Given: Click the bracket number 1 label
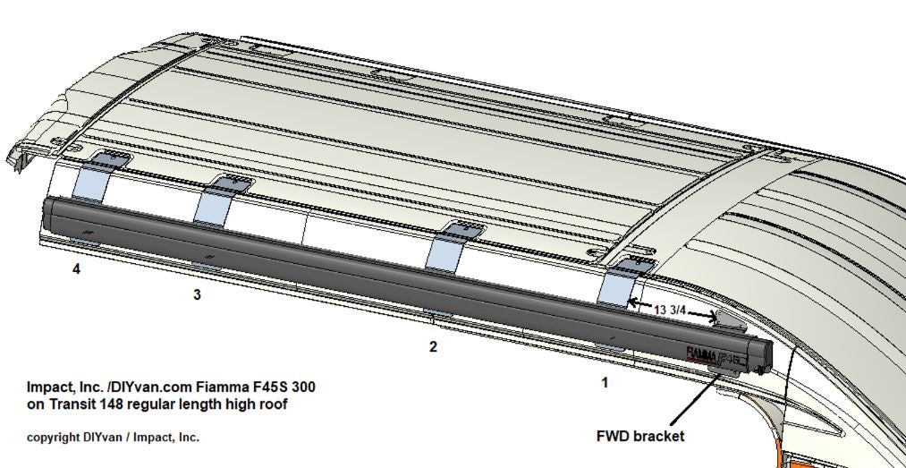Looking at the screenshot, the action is [605, 382].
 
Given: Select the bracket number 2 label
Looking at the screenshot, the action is [434, 346].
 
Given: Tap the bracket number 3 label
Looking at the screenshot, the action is [197, 294].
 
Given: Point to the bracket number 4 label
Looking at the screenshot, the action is [76, 268].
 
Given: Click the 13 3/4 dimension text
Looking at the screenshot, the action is [670, 311].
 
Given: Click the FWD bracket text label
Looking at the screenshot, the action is [639, 436].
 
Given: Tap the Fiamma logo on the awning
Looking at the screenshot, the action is [701, 354].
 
